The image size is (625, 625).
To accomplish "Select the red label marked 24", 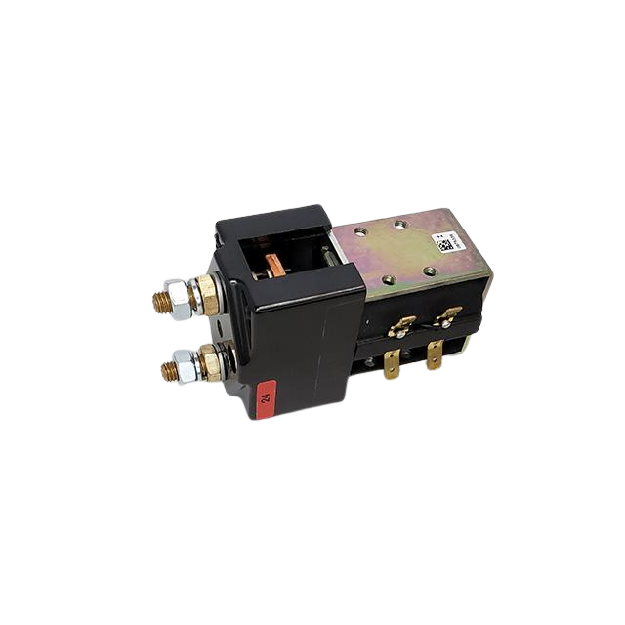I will [267, 396].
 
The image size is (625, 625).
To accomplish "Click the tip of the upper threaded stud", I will [157, 303].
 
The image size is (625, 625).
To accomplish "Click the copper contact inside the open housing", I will [274, 262].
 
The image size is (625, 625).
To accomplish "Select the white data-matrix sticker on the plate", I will [445, 243].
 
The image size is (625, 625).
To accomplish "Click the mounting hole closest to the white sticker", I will [431, 270].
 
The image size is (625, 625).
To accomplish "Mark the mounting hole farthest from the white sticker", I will [361, 232].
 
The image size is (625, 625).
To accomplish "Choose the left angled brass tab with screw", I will [401, 325].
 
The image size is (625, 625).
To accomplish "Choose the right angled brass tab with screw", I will [446, 316].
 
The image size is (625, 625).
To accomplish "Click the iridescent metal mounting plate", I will [400, 254].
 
